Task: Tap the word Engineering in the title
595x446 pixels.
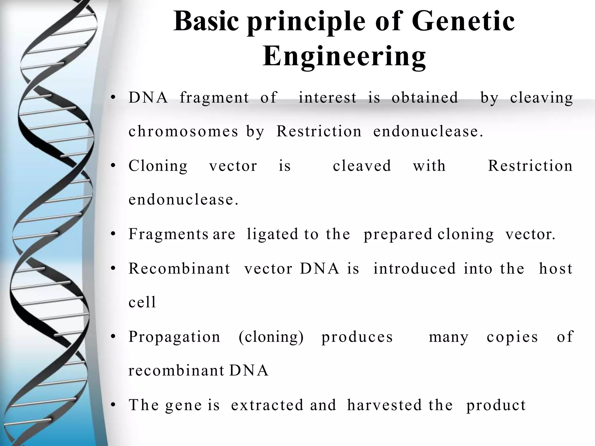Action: coord(344,56)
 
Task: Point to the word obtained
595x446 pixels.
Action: coord(425,97)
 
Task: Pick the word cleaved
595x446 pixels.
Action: coord(362,166)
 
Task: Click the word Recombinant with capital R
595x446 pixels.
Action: coord(179,269)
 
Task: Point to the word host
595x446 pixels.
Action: coord(555,269)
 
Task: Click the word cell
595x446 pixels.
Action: coord(142,302)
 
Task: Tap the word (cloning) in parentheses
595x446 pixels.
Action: coord(271,337)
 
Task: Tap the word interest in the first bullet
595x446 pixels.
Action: coord(327,97)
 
